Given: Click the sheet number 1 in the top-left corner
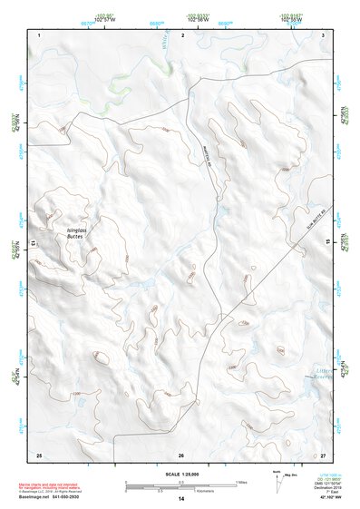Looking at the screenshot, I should pos(40,34).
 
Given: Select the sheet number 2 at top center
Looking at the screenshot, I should pos(182,34).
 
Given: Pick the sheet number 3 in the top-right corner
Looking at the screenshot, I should pos(323,34).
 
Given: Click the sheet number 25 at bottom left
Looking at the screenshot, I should pos(39,453).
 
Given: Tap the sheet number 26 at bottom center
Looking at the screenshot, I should pos(181,453).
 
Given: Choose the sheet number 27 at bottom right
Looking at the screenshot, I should pos(322,453).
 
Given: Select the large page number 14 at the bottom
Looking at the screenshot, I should pos(181,499).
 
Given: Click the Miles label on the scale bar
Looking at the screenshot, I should pos(240,481).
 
